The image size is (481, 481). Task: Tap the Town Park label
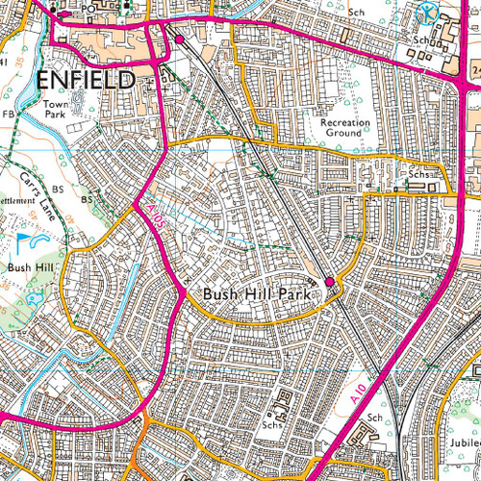coord(58,108)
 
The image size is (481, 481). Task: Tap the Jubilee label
coord(462,442)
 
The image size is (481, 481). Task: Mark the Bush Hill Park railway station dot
coord(330,281)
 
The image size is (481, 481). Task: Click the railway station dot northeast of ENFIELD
coord(179,38)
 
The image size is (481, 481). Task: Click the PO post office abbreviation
coord(89,8)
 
